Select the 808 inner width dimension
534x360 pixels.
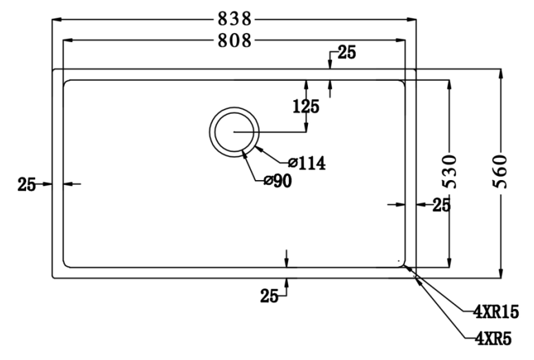pos(234,41)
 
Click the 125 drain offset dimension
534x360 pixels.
pos(306,107)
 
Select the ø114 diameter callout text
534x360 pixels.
pos(307,163)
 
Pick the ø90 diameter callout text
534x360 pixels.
pos(278,181)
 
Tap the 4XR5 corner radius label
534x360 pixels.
pos(491,337)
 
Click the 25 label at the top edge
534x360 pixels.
pos(347,54)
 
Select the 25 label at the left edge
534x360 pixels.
pos(26,184)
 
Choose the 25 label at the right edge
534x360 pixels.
pos(441,204)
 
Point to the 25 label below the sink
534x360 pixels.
pos(269,296)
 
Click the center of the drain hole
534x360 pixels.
pos(234,131)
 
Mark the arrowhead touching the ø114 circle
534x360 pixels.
pos(256,148)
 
